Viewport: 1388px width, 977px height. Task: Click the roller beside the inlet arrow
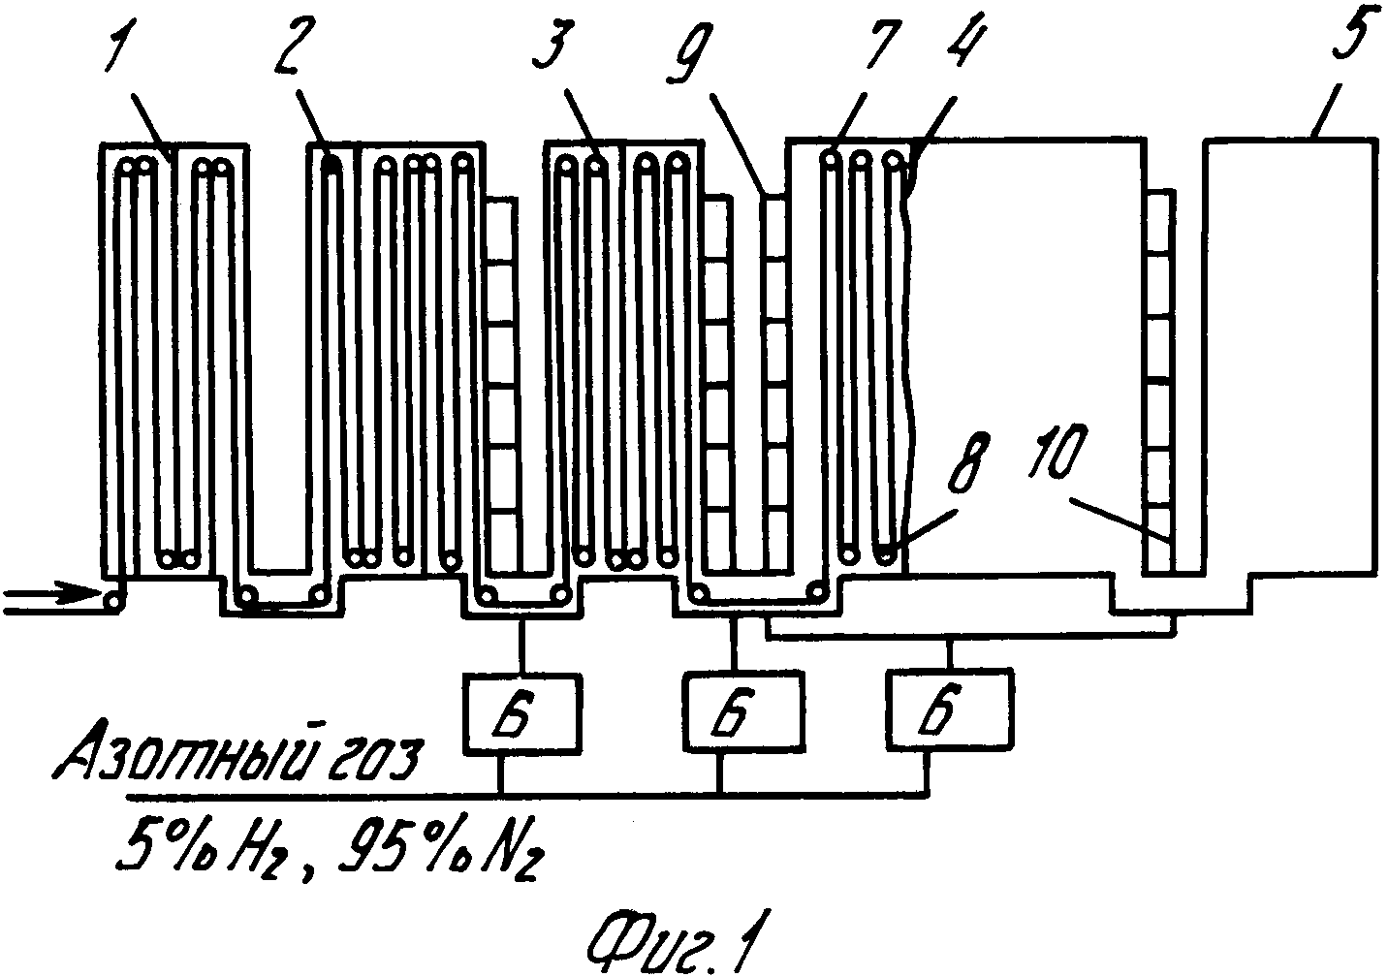coord(114,601)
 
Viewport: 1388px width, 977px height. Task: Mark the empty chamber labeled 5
coord(1288,359)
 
